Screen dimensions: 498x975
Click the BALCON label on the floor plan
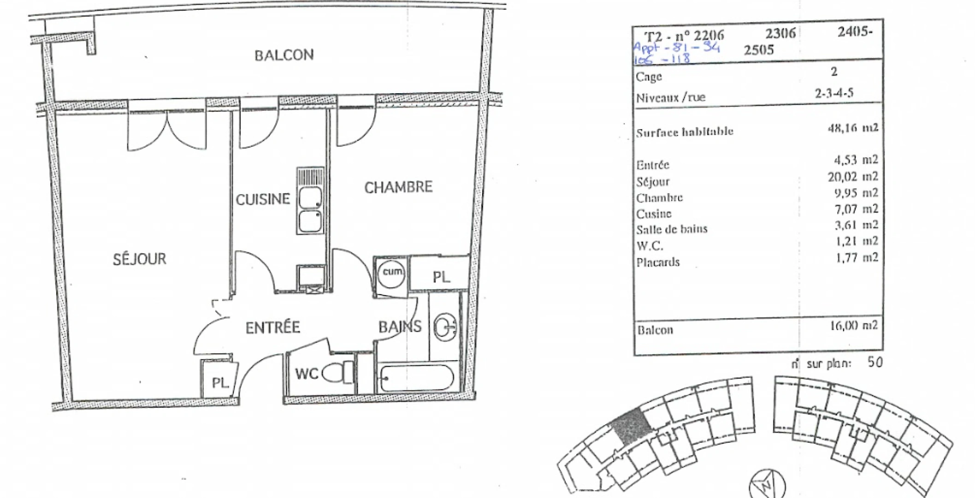(284, 55)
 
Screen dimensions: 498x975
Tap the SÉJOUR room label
(140, 259)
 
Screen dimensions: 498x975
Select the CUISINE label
(263, 199)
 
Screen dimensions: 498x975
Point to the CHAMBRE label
(398, 187)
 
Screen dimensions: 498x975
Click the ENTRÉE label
(272, 327)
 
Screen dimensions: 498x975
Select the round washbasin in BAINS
(445, 326)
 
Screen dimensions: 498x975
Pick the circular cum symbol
(392, 272)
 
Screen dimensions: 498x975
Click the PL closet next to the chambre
(441, 277)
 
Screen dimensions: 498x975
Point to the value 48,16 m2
(853, 128)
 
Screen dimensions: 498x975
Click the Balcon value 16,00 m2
(854, 326)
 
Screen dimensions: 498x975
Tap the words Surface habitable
(685, 132)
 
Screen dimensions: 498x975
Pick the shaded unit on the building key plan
(631, 426)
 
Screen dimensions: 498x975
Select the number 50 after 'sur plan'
(875, 362)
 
